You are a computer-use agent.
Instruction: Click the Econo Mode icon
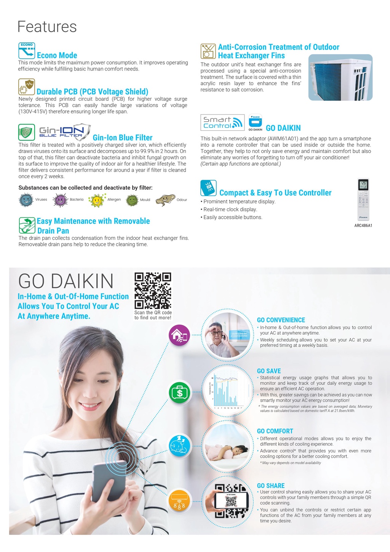point(27,51)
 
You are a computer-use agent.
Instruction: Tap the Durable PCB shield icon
point(27,87)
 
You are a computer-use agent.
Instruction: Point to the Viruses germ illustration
point(26,200)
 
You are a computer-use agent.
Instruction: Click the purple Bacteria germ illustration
point(60,200)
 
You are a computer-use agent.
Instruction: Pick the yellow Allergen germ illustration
point(97,200)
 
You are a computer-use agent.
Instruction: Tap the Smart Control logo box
point(222,122)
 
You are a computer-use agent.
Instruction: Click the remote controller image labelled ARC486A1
point(363,199)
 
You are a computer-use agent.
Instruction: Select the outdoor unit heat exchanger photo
point(340,77)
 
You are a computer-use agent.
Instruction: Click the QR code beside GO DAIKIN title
point(153,291)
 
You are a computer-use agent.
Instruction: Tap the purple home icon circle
point(179,335)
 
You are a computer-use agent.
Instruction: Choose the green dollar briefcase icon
point(179,392)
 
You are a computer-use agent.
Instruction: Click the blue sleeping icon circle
point(179,446)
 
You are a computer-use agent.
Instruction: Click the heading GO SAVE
point(269,371)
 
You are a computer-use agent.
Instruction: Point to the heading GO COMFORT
point(275,431)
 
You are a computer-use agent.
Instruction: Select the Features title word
point(47,27)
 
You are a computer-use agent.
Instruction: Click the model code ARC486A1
point(363,225)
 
